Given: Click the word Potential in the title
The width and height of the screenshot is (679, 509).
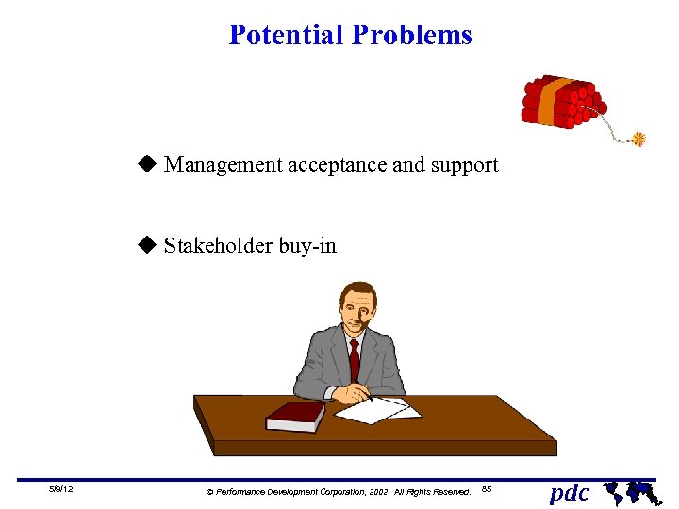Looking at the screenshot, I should click(x=286, y=35).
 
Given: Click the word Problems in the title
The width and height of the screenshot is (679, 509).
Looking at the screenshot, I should click(x=411, y=35).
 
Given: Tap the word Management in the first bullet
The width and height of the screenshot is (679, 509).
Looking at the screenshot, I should click(x=223, y=165).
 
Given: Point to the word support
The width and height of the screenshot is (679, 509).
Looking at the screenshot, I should click(x=464, y=166).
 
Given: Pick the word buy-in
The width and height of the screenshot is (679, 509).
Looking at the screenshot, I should click(x=307, y=247).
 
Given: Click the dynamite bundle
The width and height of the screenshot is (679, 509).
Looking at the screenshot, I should click(x=561, y=101).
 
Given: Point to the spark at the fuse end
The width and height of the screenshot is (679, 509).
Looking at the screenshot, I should click(x=638, y=140).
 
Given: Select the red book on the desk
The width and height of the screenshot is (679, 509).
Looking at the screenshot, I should click(x=294, y=415).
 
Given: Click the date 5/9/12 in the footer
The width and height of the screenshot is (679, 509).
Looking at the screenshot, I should click(x=62, y=490).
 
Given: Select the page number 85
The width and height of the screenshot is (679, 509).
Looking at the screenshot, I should click(x=487, y=489).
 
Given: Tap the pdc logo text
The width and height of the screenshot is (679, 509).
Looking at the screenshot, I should click(x=569, y=492).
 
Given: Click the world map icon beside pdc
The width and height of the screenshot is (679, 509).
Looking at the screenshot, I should click(x=629, y=491).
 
